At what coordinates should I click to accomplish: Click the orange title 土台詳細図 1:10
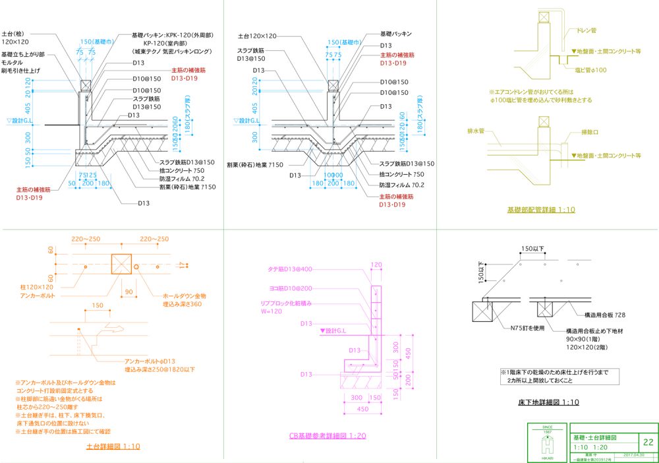coord(113,447)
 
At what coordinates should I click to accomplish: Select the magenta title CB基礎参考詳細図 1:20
coord(328,436)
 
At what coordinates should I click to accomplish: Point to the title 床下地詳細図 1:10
coord(548,402)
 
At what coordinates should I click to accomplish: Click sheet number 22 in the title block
coord(648,442)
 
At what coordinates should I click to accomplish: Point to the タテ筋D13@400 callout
coord(291,270)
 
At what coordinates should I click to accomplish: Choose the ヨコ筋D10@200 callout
coord(291,289)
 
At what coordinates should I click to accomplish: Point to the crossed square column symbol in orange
coord(121,264)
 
